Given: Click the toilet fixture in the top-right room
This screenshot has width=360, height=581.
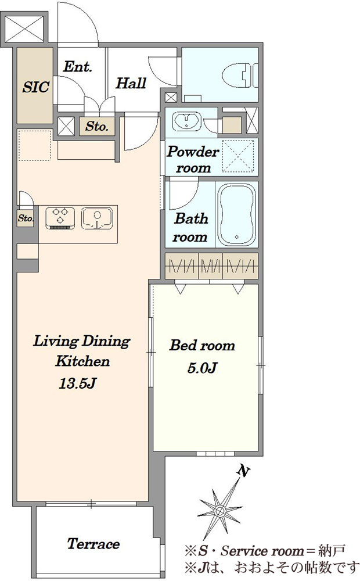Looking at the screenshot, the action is pyautogui.click(x=241, y=75).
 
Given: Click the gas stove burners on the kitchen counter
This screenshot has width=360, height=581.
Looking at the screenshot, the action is pyautogui.click(x=60, y=217).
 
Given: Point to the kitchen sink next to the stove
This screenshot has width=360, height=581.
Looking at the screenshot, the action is pyautogui.click(x=97, y=217).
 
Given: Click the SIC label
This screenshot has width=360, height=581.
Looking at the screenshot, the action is pyautogui.click(x=35, y=87).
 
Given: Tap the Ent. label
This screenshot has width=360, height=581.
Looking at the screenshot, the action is pyautogui.click(x=77, y=67).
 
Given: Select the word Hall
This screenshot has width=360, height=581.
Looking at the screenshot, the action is pyautogui.click(x=131, y=83).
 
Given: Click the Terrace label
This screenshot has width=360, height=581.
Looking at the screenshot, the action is pyautogui.click(x=93, y=544).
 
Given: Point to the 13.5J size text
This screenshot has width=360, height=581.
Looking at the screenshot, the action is pyautogui.click(x=78, y=383).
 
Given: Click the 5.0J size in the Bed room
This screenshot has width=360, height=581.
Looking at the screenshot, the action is pyautogui.click(x=202, y=368).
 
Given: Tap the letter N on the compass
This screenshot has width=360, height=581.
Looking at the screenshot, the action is pyautogui.click(x=243, y=471).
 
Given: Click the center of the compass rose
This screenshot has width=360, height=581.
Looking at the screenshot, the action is pyautogui.click(x=221, y=511).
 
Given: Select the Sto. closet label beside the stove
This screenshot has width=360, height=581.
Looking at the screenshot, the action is pyautogui.click(x=26, y=218).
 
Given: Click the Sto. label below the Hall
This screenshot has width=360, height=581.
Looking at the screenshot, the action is pyautogui.click(x=97, y=126).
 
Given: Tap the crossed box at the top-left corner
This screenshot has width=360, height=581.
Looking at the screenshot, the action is pyautogui.click(x=25, y=28).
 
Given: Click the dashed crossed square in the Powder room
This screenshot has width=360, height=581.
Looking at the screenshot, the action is pyautogui.click(x=238, y=156).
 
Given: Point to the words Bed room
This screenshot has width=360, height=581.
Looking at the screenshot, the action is pyautogui.click(x=202, y=345).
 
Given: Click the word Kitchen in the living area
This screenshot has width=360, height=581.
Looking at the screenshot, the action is pyautogui.click(x=82, y=361).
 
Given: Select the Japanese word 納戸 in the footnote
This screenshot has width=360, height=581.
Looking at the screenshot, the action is pyautogui.click(x=332, y=551).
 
